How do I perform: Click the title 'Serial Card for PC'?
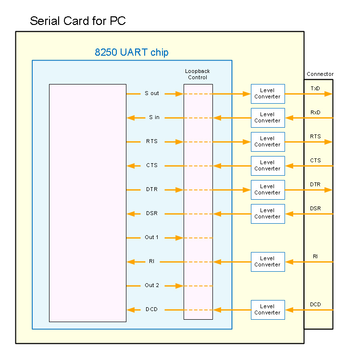[x=78, y=21]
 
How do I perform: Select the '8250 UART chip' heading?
[x=132, y=52]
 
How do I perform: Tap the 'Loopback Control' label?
[x=198, y=74]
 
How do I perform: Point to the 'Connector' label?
[x=320, y=74]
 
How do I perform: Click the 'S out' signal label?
[x=152, y=94]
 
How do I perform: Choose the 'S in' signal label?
[x=154, y=118]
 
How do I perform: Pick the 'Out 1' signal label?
[x=152, y=238]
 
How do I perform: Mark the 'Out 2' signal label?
[x=152, y=286]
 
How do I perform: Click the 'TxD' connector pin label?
[x=315, y=88]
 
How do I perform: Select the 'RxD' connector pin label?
[x=315, y=112]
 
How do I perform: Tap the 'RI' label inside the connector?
[x=315, y=256]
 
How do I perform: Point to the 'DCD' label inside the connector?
[x=315, y=304]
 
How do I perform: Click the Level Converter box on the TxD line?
[x=268, y=94]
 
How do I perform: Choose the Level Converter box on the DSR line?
[x=268, y=214]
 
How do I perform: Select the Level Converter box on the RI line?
[x=268, y=262]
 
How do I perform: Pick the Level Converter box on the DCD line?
[x=268, y=310]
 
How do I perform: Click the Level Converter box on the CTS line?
[x=268, y=166]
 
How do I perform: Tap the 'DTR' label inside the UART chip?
[x=152, y=190]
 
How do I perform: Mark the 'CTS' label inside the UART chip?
[x=152, y=166]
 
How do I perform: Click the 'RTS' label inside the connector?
[x=315, y=136]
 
